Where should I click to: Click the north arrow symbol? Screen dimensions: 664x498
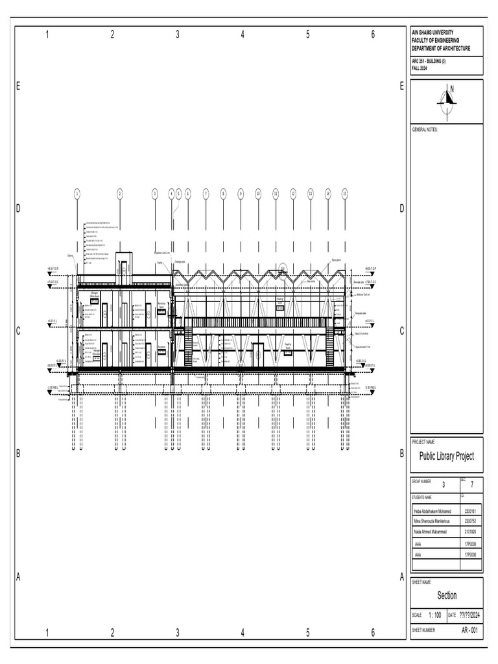[447, 97]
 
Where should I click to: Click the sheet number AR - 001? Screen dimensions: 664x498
[470, 630]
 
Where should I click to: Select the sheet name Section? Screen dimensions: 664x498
[447, 595]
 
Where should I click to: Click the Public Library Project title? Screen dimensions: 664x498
[447, 456]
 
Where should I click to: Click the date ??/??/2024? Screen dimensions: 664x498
[471, 615]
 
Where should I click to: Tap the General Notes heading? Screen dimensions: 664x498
[425, 130]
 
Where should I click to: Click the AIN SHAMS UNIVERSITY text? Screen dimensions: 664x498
[433, 32]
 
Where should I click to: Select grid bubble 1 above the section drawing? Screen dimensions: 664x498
[77, 193]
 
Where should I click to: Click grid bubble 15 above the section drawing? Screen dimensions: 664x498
[345, 193]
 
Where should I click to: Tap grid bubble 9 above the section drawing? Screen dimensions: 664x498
[241, 193]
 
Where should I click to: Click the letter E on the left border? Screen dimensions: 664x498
[19, 86]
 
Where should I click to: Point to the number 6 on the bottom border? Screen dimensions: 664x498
[373, 633]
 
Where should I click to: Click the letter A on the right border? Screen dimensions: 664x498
[402, 576]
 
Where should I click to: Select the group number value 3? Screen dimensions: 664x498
[444, 484]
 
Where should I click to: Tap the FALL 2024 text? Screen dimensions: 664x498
[420, 68]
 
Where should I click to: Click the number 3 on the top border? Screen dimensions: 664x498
[177, 35]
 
